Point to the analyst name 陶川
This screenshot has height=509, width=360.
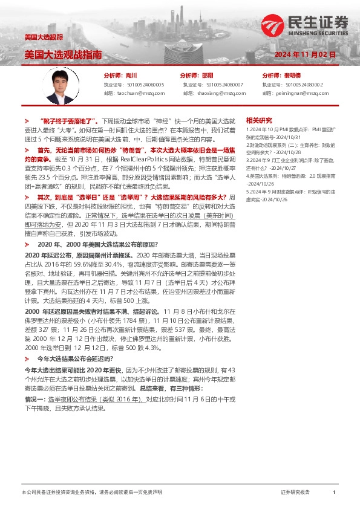point(130,76)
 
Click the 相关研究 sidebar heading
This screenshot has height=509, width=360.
point(259,120)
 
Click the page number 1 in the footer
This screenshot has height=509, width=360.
point(334,493)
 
